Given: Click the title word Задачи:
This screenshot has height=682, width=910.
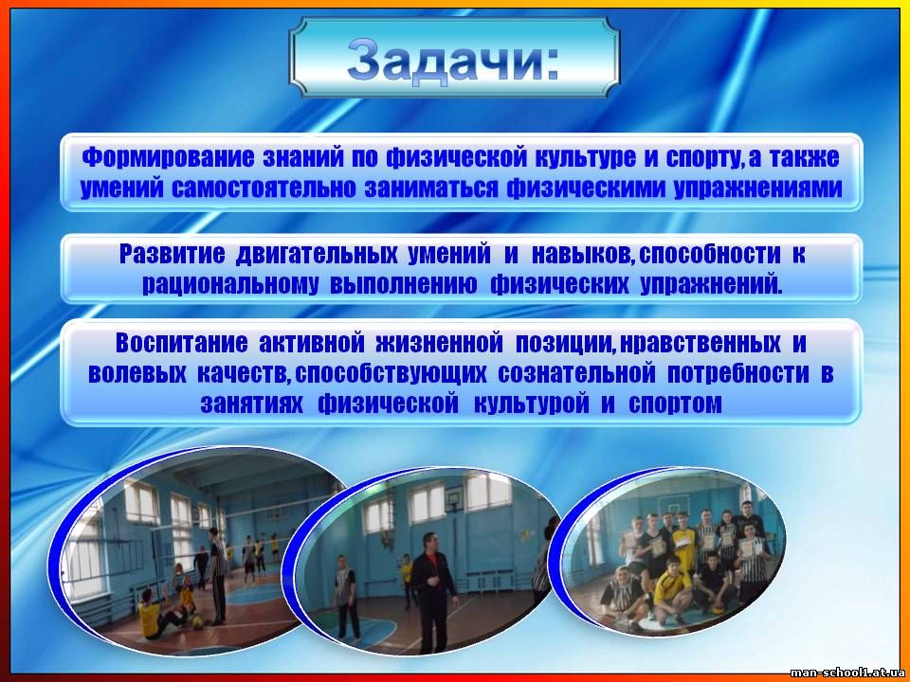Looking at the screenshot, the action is click(x=454, y=59).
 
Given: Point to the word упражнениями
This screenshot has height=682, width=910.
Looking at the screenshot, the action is click(x=758, y=189).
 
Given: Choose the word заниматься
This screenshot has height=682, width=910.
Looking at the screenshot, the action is click(x=431, y=189).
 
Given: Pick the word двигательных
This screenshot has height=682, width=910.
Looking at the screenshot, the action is click(x=317, y=255).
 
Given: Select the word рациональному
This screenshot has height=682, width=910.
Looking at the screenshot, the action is click(x=229, y=286).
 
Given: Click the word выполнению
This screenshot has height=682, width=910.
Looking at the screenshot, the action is click(x=404, y=286).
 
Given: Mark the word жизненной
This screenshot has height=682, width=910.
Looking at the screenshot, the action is click(x=439, y=343).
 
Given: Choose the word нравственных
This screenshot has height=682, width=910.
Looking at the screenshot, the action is click(x=700, y=343).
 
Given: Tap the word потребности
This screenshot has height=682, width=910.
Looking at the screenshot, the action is click(x=737, y=374).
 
